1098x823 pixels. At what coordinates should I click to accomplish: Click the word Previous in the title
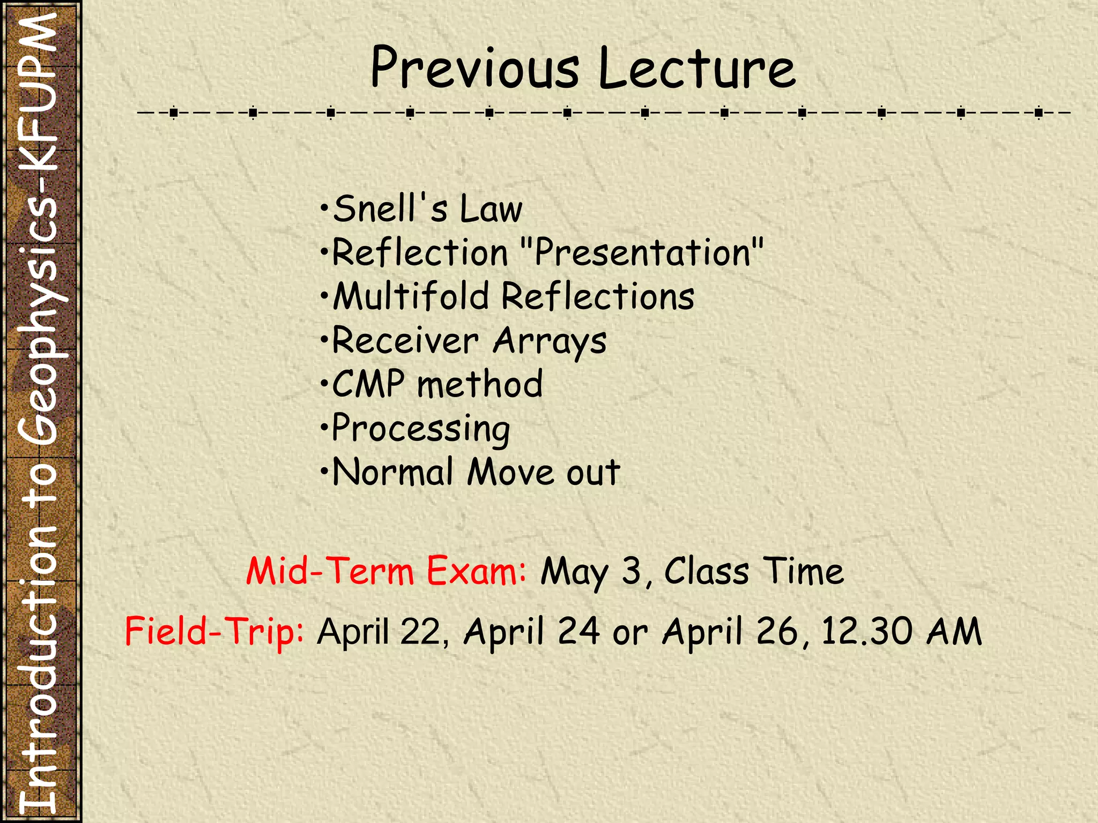point(474,69)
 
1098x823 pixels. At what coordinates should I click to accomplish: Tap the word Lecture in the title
point(697,69)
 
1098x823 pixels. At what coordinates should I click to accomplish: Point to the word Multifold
point(411,296)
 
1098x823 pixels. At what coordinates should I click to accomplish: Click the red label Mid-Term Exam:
point(387,571)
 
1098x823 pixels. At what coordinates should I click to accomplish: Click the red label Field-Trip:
point(214,631)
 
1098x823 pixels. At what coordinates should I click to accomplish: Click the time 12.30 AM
point(901,631)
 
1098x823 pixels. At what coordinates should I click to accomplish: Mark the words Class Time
point(754,571)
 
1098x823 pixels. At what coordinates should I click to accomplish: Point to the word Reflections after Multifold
point(597,296)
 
